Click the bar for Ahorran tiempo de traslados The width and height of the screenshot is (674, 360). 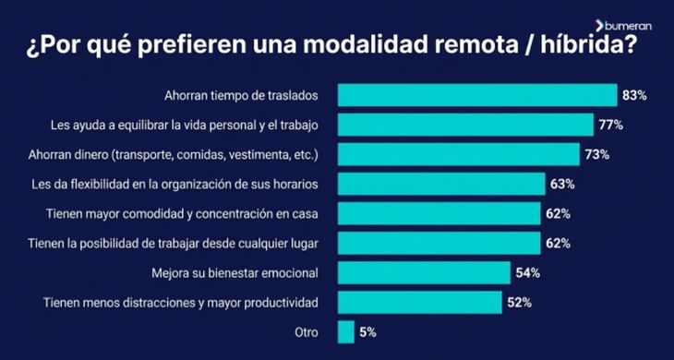[x=477, y=95]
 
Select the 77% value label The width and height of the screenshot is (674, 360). [x=610, y=125]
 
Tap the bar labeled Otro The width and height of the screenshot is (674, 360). [x=346, y=332]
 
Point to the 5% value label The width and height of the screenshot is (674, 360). [x=367, y=332]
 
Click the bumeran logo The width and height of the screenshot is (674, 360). [x=623, y=26]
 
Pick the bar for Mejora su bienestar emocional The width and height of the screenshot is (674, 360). [x=424, y=273]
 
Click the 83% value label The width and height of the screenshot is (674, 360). [x=634, y=95]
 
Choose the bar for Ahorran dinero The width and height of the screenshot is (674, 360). [x=459, y=155]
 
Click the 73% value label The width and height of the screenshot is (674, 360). [x=597, y=155]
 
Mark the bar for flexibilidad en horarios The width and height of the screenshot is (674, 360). [x=441, y=185]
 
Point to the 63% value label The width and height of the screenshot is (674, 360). [x=562, y=185]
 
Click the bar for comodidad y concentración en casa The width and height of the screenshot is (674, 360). [x=439, y=213]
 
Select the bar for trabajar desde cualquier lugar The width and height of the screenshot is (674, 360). [x=439, y=243]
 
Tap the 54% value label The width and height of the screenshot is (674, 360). [x=528, y=273]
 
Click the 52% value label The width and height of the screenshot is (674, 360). [x=519, y=303]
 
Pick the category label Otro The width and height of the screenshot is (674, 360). [x=307, y=332]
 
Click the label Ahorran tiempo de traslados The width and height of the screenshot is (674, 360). [x=241, y=95]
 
